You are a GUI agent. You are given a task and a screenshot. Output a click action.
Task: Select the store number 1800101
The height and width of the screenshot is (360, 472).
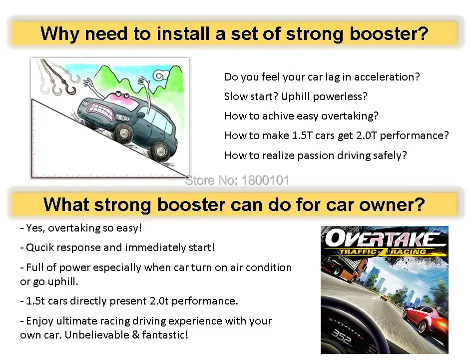tap(265, 180)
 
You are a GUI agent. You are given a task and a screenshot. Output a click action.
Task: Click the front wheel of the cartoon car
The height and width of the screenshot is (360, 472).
tap(122, 132)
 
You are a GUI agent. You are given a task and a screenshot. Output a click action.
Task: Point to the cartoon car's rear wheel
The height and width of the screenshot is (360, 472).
tap(161, 149)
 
